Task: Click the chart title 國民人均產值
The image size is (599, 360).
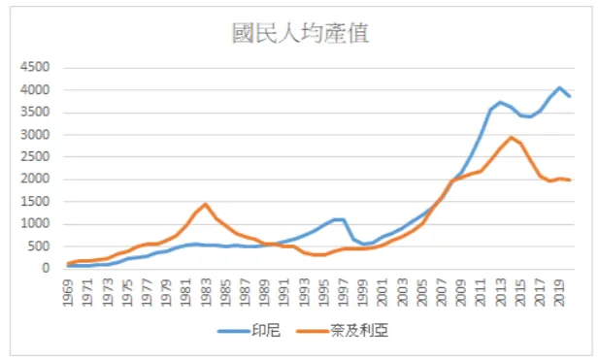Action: click(x=299, y=34)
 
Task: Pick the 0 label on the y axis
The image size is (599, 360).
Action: click(x=48, y=269)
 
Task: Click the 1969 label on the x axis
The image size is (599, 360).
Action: click(x=68, y=294)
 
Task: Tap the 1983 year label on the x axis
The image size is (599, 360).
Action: click(x=206, y=294)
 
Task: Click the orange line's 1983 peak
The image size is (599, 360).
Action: click(x=206, y=205)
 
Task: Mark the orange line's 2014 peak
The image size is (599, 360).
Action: click(x=512, y=137)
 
